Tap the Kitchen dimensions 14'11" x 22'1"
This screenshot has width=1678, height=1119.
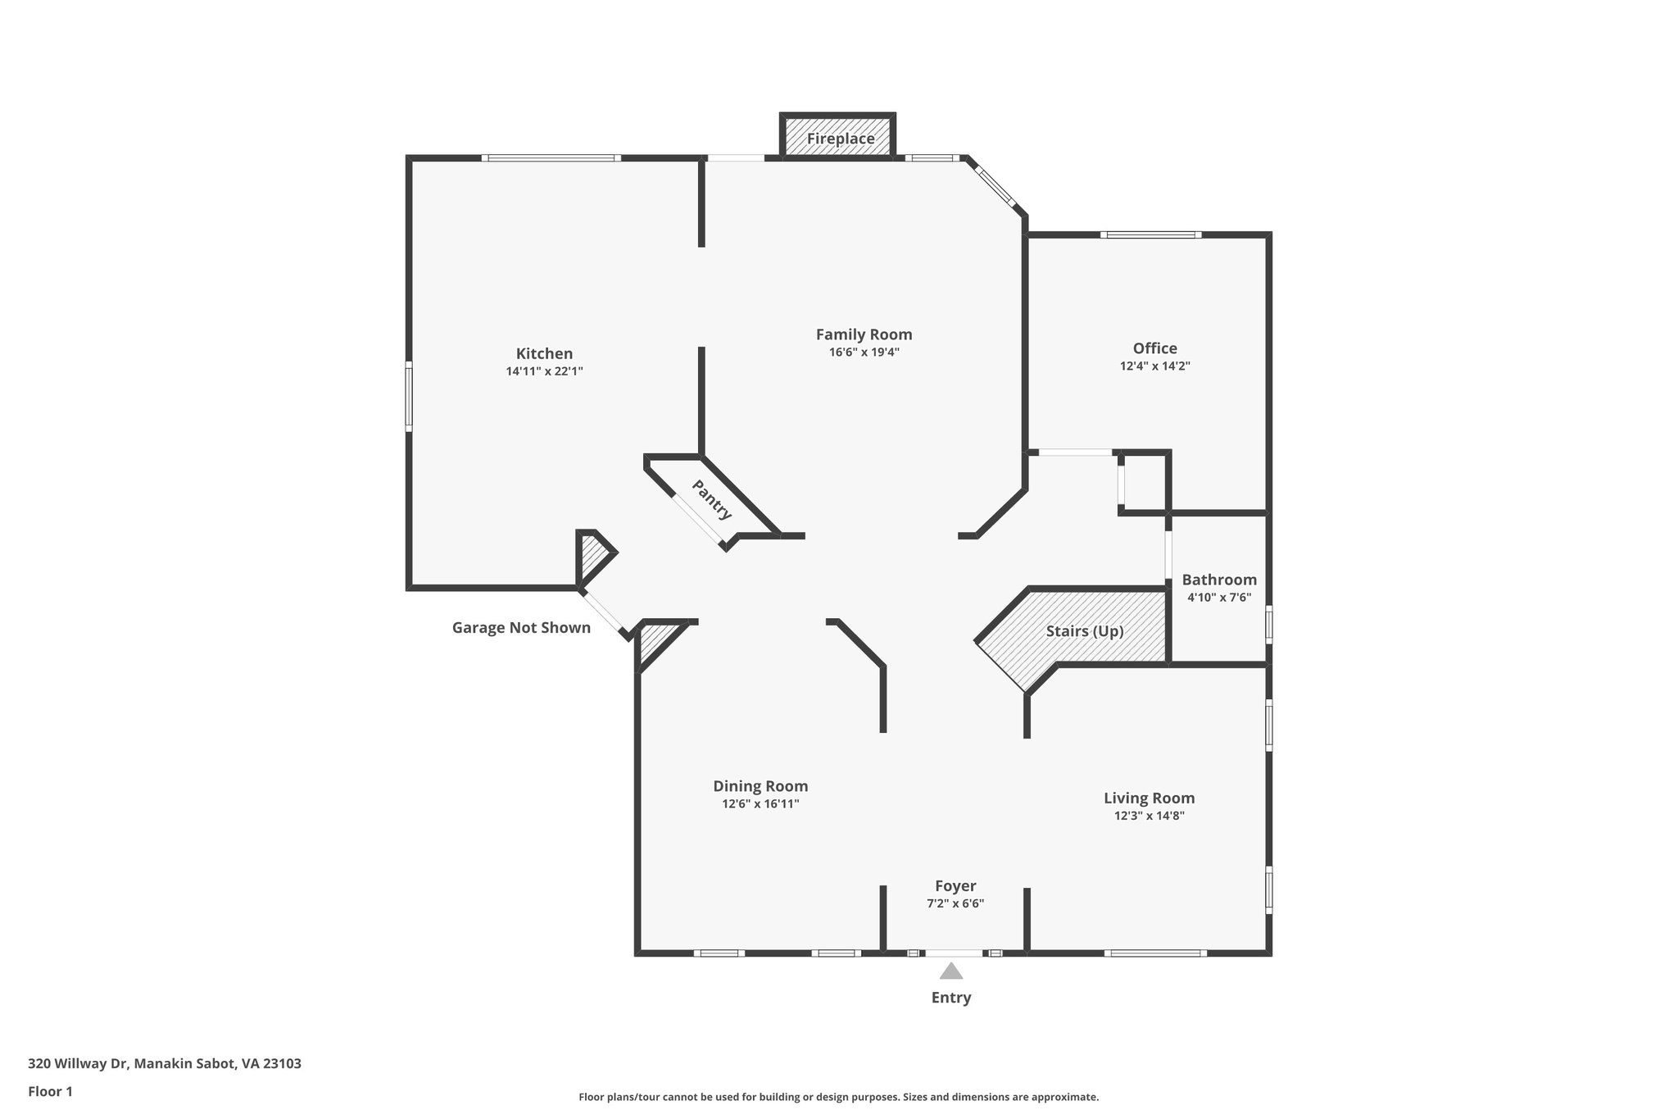click(544, 371)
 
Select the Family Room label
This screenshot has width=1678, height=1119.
click(864, 334)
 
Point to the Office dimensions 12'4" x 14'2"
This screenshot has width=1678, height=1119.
click(1154, 366)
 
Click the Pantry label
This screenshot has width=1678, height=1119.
click(711, 500)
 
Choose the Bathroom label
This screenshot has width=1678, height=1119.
click(1218, 580)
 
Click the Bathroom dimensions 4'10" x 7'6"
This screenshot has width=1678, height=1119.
click(1218, 598)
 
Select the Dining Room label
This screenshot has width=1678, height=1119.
click(760, 786)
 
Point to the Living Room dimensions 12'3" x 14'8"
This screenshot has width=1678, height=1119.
click(1149, 816)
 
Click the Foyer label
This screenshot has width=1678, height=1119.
click(955, 886)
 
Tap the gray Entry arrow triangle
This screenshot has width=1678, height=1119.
click(950, 972)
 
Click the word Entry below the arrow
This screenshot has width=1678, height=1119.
click(950, 998)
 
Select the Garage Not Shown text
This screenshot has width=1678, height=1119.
click(521, 628)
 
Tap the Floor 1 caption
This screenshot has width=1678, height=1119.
click(50, 1092)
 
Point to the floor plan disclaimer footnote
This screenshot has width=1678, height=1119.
click(838, 1097)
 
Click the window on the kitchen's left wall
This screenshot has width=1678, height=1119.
click(409, 398)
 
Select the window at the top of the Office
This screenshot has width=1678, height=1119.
click(1150, 235)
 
